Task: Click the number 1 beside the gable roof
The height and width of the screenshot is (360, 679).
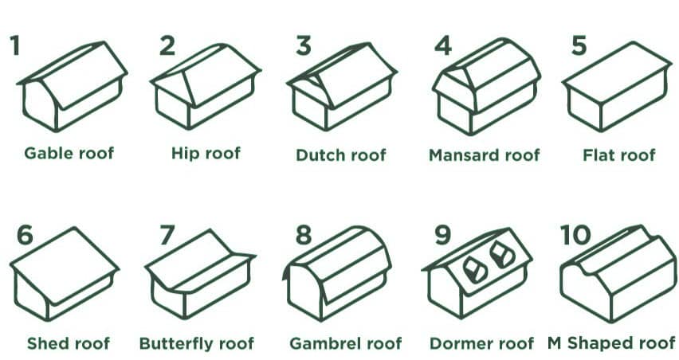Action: click(15, 45)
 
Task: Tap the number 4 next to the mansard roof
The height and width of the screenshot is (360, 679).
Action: click(442, 46)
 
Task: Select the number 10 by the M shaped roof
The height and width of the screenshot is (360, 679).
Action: click(575, 234)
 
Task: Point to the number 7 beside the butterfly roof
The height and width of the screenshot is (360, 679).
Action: click(167, 235)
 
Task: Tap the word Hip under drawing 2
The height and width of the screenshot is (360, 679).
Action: click(182, 154)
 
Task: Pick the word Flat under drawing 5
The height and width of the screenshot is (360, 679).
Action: click(598, 155)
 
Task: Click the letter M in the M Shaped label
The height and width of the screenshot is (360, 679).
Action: click(555, 343)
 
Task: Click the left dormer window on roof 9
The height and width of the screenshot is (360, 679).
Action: click(475, 270)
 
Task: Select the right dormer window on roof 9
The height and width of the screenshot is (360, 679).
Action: click(501, 254)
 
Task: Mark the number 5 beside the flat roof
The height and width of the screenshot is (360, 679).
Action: click(579, 46)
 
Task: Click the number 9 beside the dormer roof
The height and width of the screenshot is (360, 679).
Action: click(442, 235)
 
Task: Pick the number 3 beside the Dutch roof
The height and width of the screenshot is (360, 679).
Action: click(303, 46)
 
